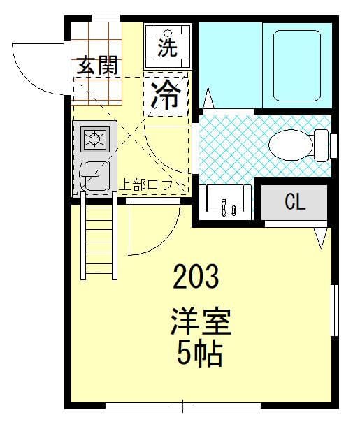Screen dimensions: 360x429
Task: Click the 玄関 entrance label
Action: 97,65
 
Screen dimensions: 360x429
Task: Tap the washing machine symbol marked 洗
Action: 168,47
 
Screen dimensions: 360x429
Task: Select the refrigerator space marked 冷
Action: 166,94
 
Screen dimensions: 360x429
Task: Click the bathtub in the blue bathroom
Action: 297,66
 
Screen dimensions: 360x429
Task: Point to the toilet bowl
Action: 291,145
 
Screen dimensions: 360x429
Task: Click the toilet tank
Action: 322,145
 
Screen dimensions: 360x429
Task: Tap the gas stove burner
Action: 95,139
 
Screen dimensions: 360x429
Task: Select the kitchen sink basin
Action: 95,176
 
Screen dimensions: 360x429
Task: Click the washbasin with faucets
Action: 225,199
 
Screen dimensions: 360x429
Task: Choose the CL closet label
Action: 294,202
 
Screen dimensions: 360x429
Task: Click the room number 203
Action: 196,276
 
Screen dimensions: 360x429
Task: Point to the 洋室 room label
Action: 201,321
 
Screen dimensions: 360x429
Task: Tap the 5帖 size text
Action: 199,354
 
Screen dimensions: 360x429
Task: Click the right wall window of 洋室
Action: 334,310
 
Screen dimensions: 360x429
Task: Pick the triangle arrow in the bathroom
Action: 208,98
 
